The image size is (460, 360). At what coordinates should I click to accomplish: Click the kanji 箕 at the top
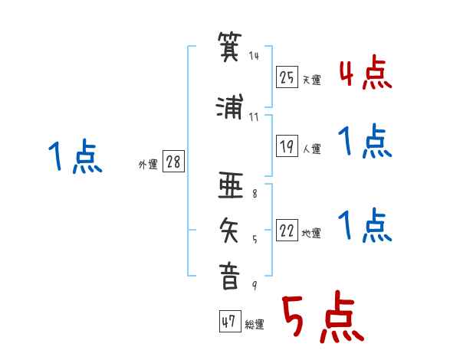pos(230,47)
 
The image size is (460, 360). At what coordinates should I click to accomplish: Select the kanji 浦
pos(230,106)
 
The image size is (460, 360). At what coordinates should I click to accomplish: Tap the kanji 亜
pos(231,185)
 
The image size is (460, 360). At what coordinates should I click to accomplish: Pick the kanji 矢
pos(229,231)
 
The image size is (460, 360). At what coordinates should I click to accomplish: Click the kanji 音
pos(229,277)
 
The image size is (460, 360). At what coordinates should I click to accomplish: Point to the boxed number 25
pos(287,77)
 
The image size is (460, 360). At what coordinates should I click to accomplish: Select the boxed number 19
pos(287,146)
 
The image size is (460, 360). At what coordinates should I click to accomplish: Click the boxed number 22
pos(287,230)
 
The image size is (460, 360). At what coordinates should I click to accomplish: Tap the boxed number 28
pos(173,161)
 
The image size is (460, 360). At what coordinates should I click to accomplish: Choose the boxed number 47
pos(230,321)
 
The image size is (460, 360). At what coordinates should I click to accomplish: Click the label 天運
pos(312,80)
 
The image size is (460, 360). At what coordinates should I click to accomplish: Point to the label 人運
pos(312,149)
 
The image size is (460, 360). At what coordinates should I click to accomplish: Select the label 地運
pos(311,233)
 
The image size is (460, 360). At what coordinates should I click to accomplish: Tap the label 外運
pos(148,165)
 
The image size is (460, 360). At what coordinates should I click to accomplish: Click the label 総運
pos(255,324)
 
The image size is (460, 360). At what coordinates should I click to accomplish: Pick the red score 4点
pos(366,73)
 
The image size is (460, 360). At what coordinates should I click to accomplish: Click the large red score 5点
pos(323,316)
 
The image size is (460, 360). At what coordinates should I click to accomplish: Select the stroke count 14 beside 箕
pos(254,56)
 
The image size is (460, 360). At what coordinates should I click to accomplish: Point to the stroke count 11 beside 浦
pos(254,117)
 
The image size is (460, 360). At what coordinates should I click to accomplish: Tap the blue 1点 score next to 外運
pos(75,156)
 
